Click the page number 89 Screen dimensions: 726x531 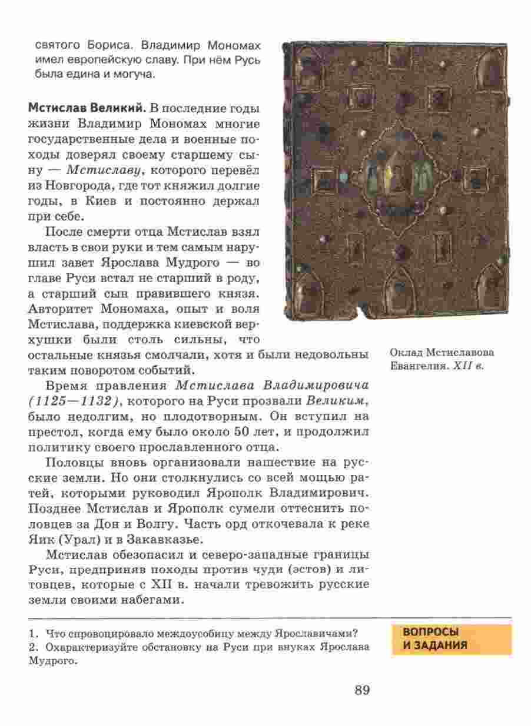(361, 690)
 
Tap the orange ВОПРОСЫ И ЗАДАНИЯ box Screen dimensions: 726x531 (452, 639)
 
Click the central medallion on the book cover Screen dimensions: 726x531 (394, 174)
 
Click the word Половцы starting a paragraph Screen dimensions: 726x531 (73, 463)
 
